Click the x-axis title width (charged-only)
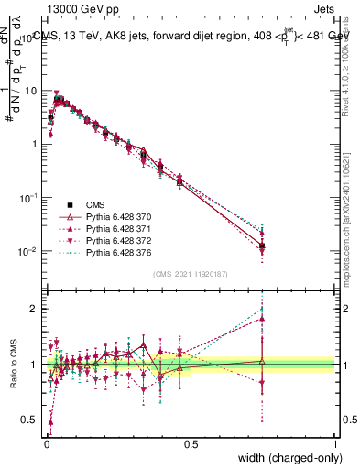coord(287,458)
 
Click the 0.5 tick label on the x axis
coord(191,443)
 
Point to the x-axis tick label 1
coord(335,443)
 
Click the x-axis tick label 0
coord(46,443)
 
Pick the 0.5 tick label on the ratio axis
coord(29,420)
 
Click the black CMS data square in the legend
coord(70,203)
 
